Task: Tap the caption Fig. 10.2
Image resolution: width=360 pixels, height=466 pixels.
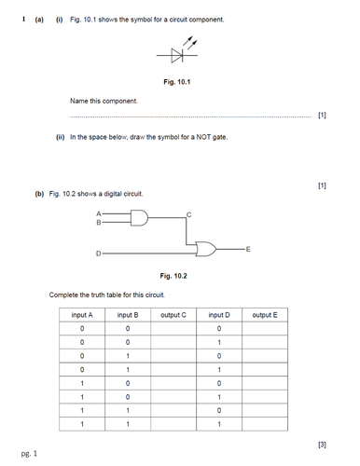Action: (173, 276)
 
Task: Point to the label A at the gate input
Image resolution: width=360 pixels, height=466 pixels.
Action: (99, 213)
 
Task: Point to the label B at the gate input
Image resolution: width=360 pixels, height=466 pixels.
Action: (99, 223)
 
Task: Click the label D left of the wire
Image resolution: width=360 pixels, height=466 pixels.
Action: (98, 252)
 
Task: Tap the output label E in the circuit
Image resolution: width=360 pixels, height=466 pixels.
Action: (247, 248)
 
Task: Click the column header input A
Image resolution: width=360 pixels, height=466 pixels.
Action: (82, 315)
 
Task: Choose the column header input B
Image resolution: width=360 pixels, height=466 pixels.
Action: (128, 315)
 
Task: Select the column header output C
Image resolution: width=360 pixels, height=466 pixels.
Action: (173, 315)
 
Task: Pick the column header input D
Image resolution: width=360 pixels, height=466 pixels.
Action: (219, 315)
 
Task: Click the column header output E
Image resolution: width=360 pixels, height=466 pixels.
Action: (265, 315)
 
